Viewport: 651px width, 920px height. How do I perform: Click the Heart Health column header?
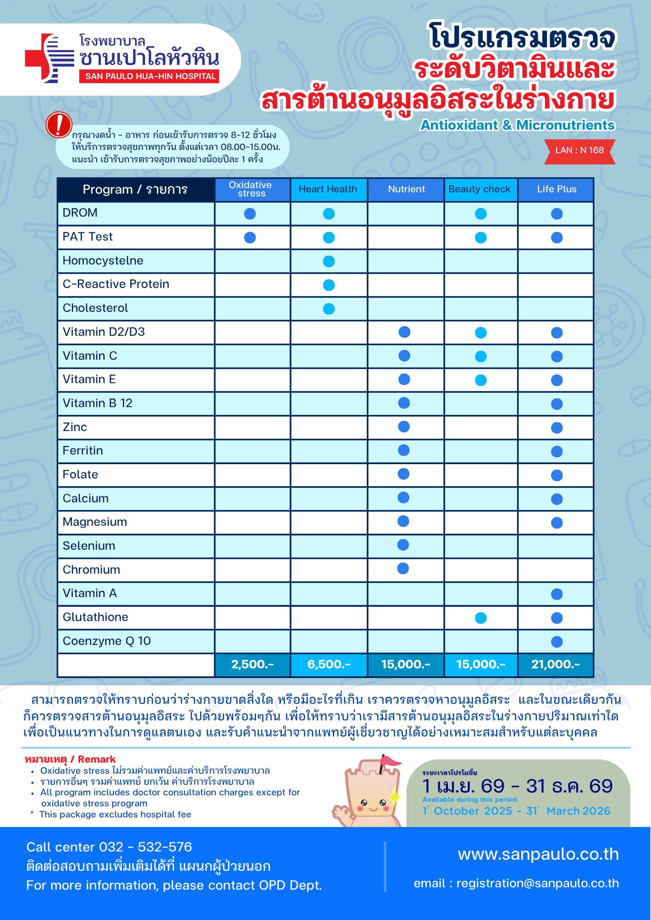click(x=328, y=189)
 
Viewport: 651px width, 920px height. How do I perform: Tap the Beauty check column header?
click(x=479, y=189)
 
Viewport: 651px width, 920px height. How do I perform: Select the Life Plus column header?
click(x=556, y=189)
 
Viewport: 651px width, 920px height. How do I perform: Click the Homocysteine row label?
click(x=103, y=261)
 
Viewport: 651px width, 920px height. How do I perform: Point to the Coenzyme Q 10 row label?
click(x=107, y=641)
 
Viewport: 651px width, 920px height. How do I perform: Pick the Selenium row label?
click(x=89, y=546)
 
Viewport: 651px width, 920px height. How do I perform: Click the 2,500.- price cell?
click(x=252, y=664)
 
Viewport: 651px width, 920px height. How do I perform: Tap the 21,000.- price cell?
click(x=556, y=664)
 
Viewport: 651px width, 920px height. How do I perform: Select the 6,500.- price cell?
click(x=329, y=664)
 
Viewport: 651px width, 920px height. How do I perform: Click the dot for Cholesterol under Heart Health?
click(x=329, y=309)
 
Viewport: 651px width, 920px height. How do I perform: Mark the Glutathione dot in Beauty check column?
click(x=481, y=618)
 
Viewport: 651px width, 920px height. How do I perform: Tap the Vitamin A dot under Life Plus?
click(x=557, y=594)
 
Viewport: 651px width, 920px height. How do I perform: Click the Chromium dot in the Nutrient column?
click(x=403, y=569)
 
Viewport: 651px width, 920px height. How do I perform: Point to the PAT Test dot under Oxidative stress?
click(x=250, y=237)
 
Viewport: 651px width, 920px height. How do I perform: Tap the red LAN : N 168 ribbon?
click(x=579, y=150)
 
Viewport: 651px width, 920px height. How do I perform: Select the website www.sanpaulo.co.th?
click(x=538, y=854)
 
